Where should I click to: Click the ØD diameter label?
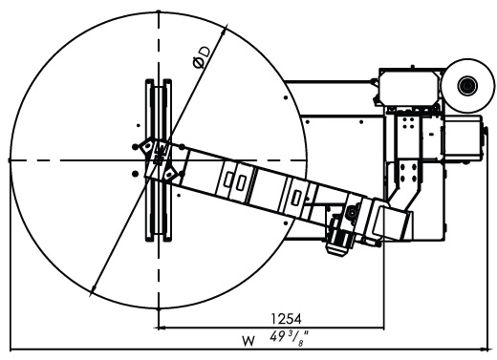(202, 57)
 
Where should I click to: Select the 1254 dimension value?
(286, 318)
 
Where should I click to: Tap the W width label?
(248, 342)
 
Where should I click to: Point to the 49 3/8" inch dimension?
(289, 337)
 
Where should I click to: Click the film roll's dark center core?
(467, 85)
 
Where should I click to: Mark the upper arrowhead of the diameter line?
(225, 30)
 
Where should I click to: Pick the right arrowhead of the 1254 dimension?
(380, 328)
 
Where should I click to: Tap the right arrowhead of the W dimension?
(484, 349)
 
